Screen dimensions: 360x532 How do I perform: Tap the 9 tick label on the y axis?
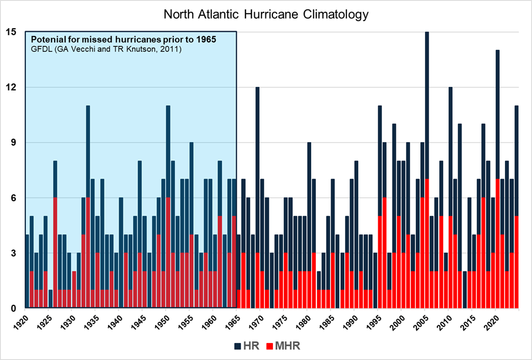coord(11,143)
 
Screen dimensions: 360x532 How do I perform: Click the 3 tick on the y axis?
coord(11,253)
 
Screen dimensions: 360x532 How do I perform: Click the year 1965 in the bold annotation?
coord(205,39)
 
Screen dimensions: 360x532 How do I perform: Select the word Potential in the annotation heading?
coord(46,39)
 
